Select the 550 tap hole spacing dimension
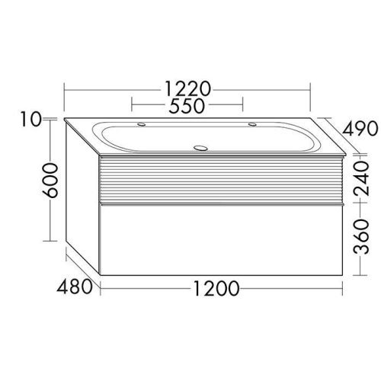(187, 107)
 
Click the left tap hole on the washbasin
(142, 123)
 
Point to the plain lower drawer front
(221, 240)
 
